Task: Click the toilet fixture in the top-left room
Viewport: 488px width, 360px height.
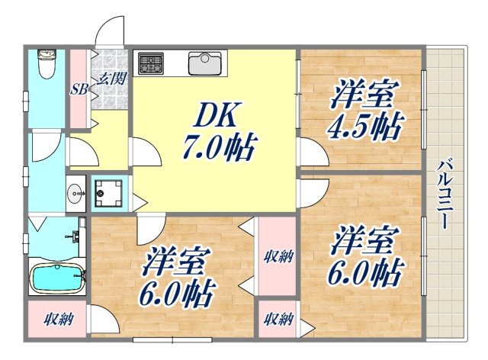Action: pos(47,64)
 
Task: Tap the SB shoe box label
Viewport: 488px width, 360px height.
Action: pos(79,88)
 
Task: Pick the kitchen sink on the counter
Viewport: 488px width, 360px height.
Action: pos(204,62)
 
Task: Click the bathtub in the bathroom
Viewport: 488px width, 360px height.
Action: pos(58,278)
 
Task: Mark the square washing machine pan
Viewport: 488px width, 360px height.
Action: pos(108,194)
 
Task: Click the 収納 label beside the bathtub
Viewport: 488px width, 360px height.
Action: pos(58,319)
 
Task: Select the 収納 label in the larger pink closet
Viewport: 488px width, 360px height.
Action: pos(275,256)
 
